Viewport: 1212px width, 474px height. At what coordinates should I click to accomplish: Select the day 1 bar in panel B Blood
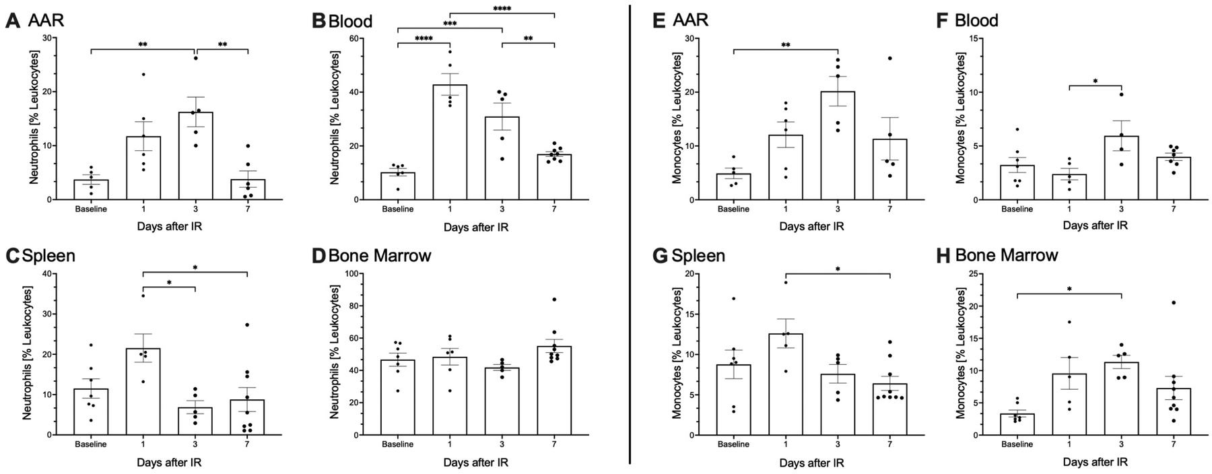(x=450, y=142)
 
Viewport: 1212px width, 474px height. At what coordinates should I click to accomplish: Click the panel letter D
(x=318, y=256)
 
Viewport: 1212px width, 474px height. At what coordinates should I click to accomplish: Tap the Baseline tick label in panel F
(x=1017, y=209)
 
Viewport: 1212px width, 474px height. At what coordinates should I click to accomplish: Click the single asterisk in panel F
(x=1096, y=81)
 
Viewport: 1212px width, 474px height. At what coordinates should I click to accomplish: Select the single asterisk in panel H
(x=1069, y=290)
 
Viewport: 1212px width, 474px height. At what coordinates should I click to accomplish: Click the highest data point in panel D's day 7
(x=554, y=299)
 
